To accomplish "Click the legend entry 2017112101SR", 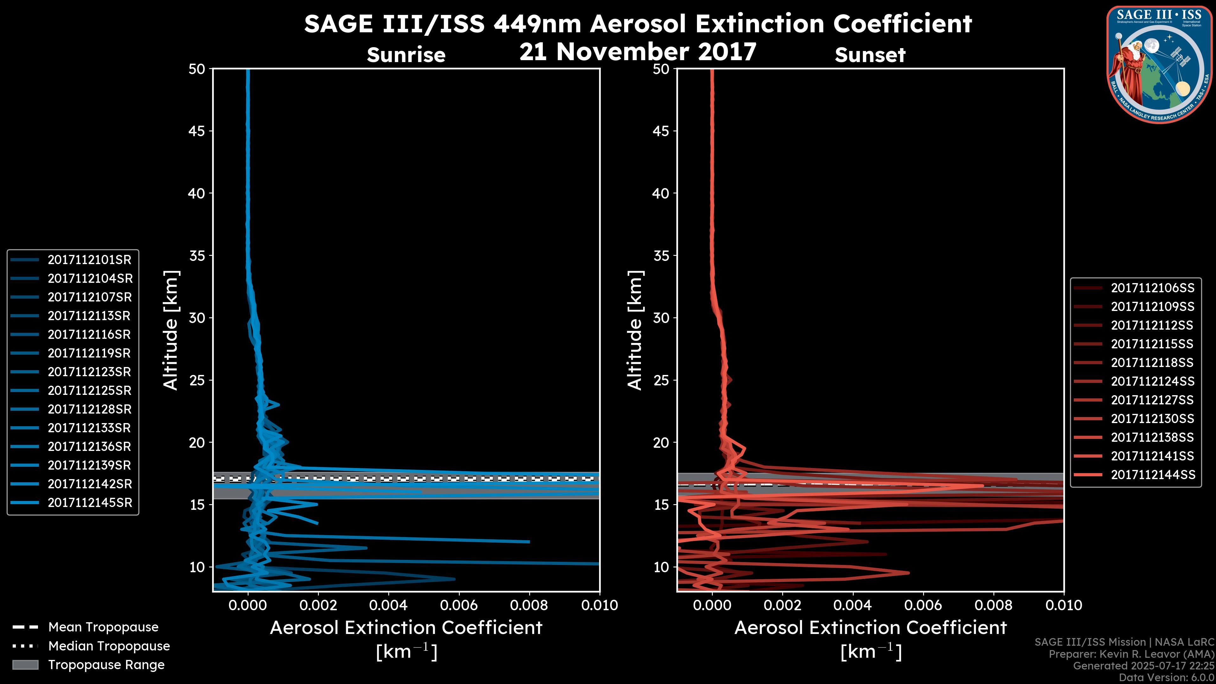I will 89,260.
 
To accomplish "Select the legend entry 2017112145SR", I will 90,503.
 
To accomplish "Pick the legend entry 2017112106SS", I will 1152,288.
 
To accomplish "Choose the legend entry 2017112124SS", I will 1152,381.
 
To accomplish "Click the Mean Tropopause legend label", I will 103,627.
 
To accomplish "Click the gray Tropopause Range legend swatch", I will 25,665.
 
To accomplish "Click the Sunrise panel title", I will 406,55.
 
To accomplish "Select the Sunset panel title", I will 870,55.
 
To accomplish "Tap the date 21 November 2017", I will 638,52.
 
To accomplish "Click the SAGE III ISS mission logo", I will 1159,64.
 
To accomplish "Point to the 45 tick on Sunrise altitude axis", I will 197,131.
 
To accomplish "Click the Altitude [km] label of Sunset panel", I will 635,330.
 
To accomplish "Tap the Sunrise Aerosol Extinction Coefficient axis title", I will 406,628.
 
